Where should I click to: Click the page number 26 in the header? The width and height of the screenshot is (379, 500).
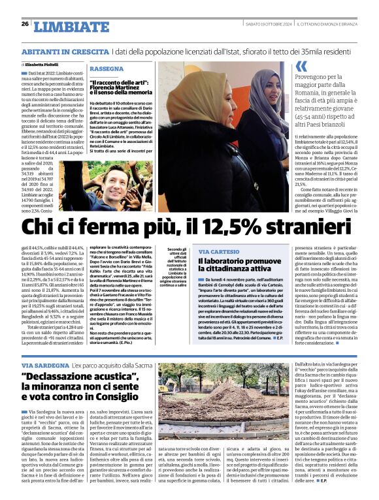pos(25,24)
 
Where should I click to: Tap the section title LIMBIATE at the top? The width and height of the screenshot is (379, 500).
pos(62,26)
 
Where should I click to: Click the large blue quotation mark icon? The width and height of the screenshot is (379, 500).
pos(301,66)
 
